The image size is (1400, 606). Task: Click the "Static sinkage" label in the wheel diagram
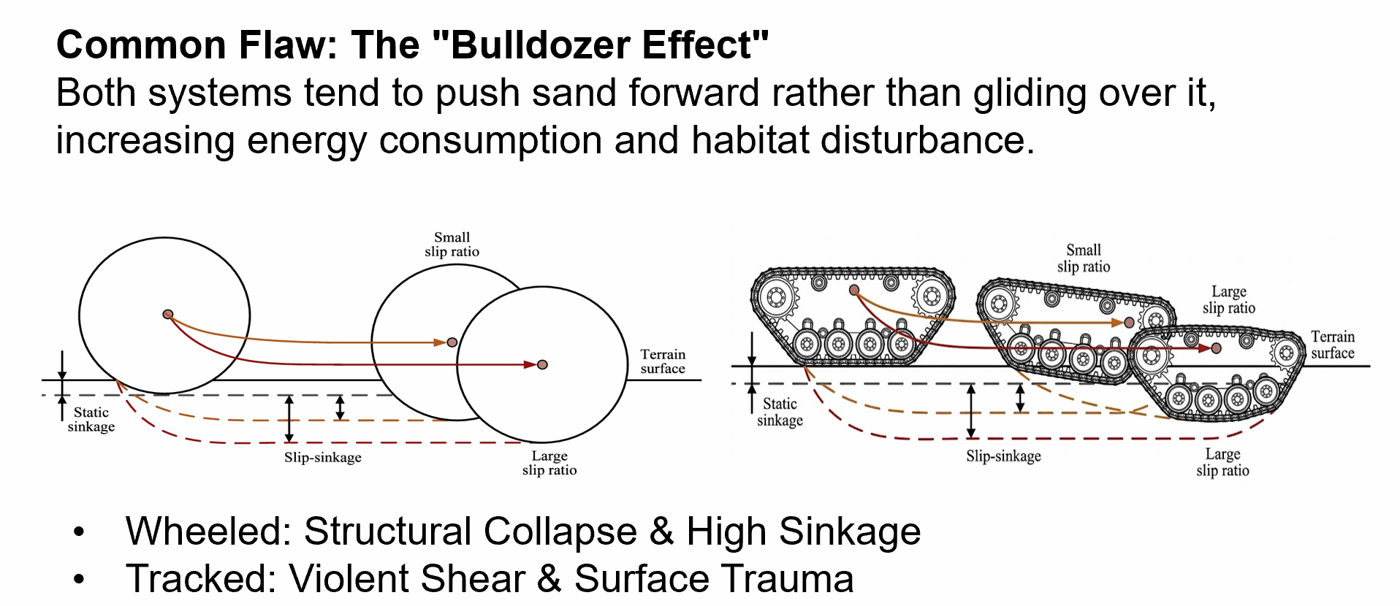(91, 420)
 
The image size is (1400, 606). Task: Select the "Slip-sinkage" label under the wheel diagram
(323, 458)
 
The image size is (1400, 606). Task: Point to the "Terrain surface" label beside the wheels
(663, 361)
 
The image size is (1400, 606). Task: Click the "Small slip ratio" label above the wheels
(452, 245)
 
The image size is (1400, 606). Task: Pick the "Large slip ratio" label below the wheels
(549, 463)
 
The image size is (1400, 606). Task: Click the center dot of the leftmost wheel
(168, 315)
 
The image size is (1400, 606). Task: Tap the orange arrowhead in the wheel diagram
(441, 342)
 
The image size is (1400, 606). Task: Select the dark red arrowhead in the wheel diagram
(530, 364)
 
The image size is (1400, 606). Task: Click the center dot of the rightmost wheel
(542, 364)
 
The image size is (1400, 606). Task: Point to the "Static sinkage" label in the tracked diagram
(780, 412)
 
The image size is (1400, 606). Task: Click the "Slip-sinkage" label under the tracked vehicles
(1003, 456)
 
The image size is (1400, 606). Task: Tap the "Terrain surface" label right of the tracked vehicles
(1333, 345)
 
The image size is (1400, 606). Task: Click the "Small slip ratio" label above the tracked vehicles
(1084, 258)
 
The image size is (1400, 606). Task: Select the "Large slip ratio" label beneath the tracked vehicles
(1222, 462)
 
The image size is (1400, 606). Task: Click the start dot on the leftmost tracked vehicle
(854, 291)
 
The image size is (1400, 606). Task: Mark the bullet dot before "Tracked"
(79, 580)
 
